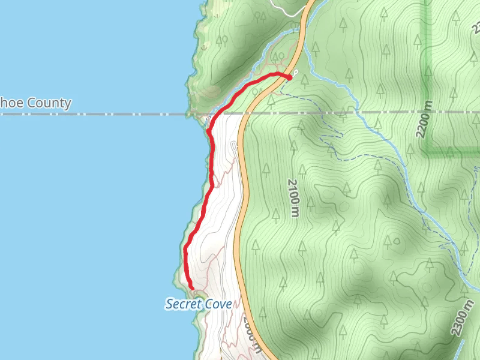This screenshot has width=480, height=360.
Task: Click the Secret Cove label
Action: click(x=199, y=304)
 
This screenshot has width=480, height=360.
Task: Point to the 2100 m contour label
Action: click(x=293, y=198)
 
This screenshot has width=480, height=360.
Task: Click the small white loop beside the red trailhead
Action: click(x=296, y=73)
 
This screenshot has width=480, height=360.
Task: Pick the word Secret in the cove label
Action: click(x=184, y=304)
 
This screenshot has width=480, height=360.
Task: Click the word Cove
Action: click(x=218, y=304)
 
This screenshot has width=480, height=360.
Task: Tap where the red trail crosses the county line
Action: click(x=215, y=113)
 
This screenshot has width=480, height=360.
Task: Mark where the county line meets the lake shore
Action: click(x=191, y=113)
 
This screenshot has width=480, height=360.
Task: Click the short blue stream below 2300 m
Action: click(x=461, y=348)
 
